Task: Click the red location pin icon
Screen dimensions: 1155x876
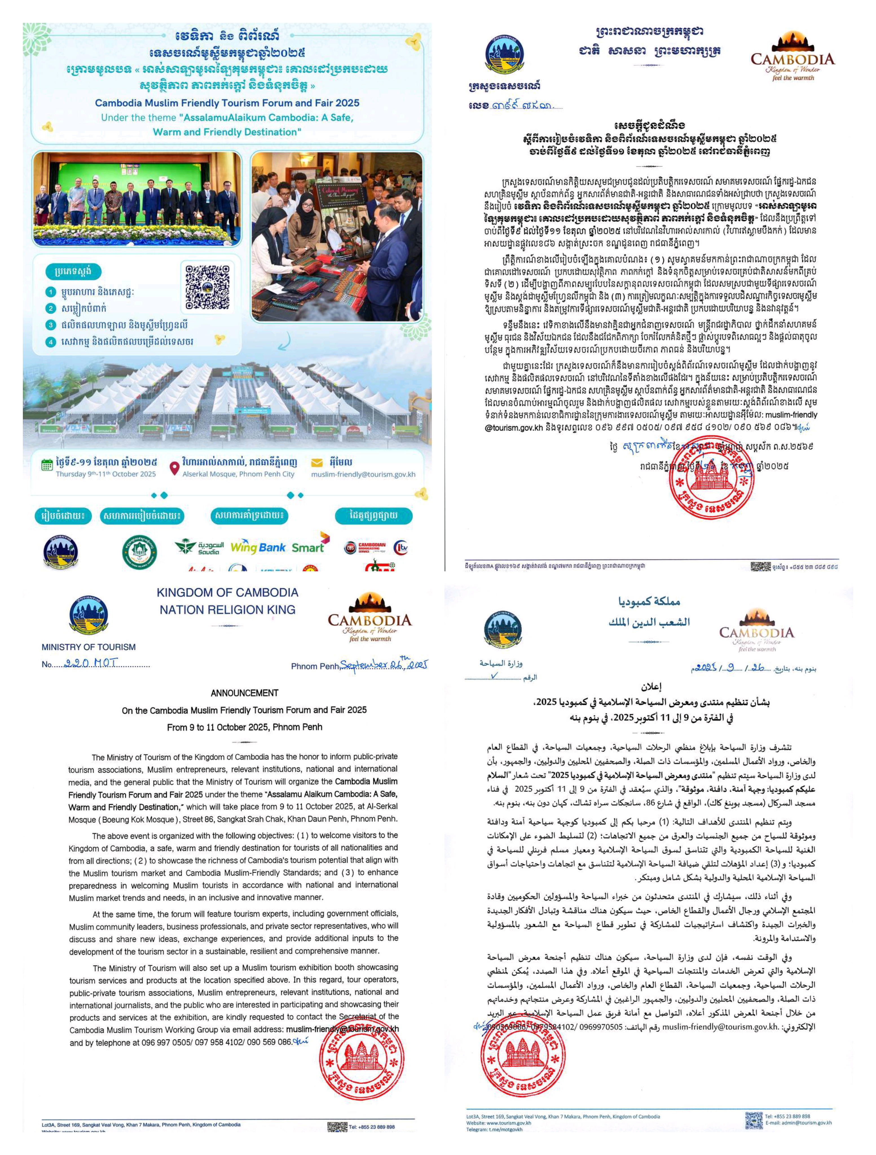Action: (175, 466)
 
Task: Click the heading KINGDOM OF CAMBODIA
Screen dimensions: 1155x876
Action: (227, 593)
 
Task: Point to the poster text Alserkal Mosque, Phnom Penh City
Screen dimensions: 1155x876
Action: (238, 474)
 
